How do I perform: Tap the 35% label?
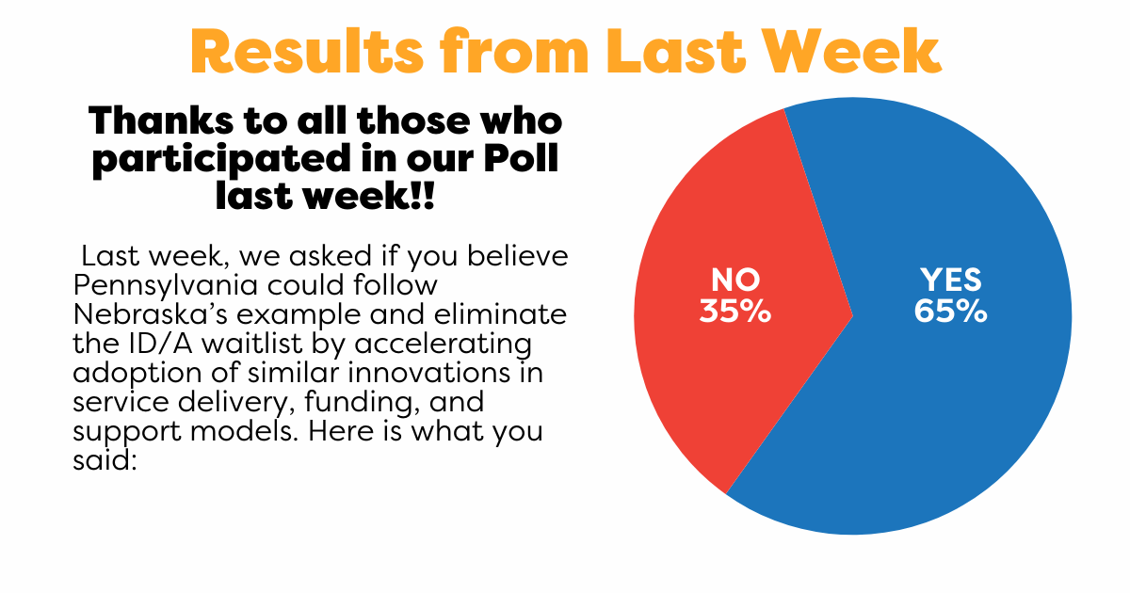click(735, 312)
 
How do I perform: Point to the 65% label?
click(950, 312)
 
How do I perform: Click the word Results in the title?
click(307, 52)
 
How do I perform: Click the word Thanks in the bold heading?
click(161, 121)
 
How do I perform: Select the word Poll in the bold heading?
click(521, 158)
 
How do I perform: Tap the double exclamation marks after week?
click(423, 196)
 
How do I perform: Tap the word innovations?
click(428, 373)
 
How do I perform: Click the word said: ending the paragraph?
click(105, 460)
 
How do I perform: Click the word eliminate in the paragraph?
click(500, 314)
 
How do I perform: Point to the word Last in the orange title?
click(676, 52)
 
